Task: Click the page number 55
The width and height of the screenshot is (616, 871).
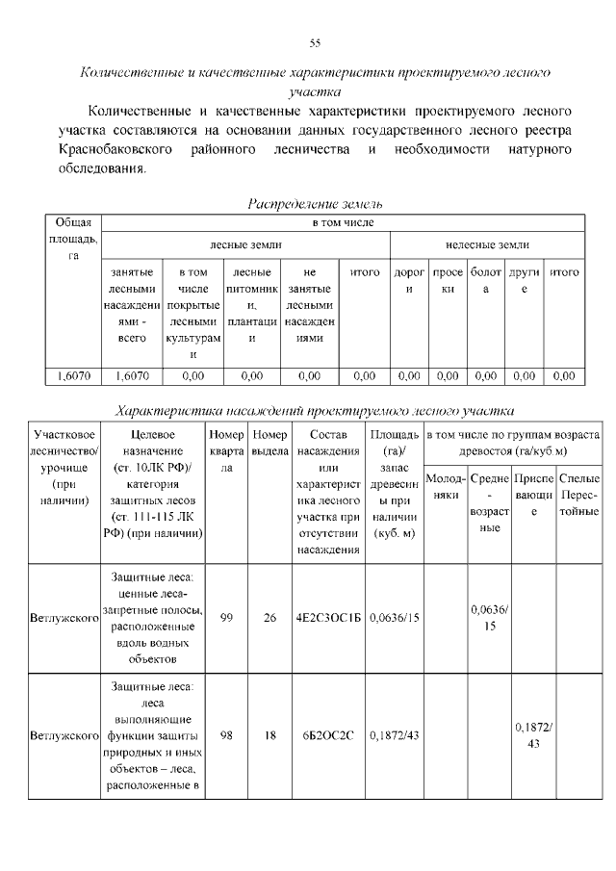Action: point(314,43)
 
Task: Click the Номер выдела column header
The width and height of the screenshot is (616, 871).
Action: point(270,443)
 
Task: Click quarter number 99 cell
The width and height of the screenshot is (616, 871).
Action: point(227,618)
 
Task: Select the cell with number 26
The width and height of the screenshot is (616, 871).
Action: point(270,618)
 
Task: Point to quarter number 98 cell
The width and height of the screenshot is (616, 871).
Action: point(227,736)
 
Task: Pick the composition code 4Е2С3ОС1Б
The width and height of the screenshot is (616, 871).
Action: point(327,618)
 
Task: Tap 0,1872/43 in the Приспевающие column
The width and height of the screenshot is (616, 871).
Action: point(534,735)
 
